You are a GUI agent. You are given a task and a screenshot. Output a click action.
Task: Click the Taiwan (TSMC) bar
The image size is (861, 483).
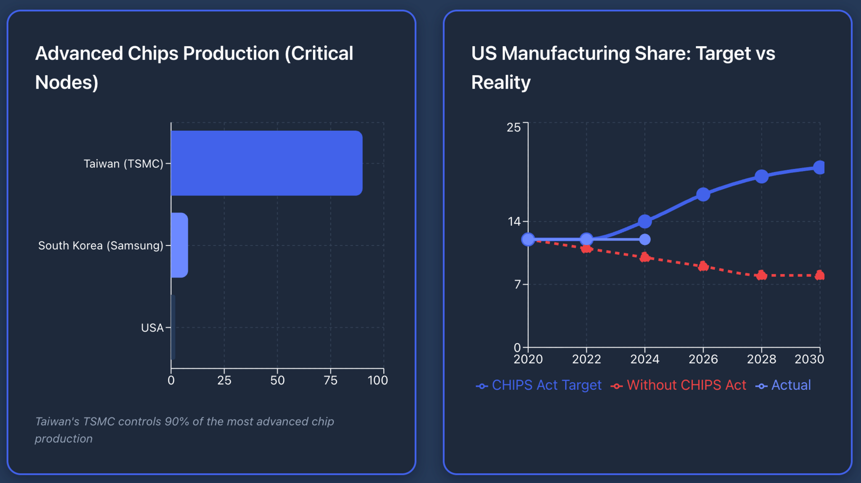coord(266,163)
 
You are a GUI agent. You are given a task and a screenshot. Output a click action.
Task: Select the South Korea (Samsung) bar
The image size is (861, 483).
coord(179,245)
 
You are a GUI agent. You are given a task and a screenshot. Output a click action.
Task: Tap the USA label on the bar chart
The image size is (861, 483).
coord(152,328)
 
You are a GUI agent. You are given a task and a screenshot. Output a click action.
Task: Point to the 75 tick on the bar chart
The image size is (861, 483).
coord(330,380)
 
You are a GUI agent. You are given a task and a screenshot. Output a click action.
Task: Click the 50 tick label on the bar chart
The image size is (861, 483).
coord(277,380)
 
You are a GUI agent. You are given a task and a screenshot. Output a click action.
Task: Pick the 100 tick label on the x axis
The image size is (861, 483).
coord(378,380)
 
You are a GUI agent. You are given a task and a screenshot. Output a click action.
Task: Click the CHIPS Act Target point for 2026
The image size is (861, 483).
coord(703,194)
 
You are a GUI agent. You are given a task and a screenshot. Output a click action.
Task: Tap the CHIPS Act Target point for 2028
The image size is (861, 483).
coord(761,177)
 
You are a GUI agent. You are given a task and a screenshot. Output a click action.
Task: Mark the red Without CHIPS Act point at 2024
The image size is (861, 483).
coord(645,257)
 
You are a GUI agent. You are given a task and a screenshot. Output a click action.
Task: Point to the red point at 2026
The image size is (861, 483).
coord(703,267)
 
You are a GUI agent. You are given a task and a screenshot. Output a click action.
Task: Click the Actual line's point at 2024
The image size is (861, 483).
coord(645,240)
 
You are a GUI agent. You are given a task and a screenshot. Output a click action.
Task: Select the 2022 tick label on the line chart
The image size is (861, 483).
coord(587,359)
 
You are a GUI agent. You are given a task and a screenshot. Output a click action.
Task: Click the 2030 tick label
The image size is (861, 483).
coord(809,359)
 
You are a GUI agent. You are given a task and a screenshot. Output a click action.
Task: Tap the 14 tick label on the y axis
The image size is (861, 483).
coord(514,221)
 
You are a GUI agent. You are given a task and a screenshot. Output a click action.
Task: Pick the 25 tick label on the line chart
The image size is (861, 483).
coord(514,128)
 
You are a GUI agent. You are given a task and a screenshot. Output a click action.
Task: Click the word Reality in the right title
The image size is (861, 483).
coord(501,82)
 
